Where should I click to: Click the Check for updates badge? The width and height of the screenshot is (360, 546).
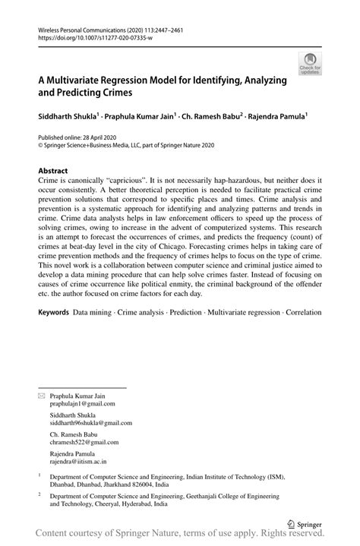pyautogui.click(x=311, y=64)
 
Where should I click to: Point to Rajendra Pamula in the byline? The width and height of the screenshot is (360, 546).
pyautogui.click(x=275, y=117)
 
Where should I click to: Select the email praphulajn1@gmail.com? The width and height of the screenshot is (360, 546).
pyautogui.click(x=83, y=405)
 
